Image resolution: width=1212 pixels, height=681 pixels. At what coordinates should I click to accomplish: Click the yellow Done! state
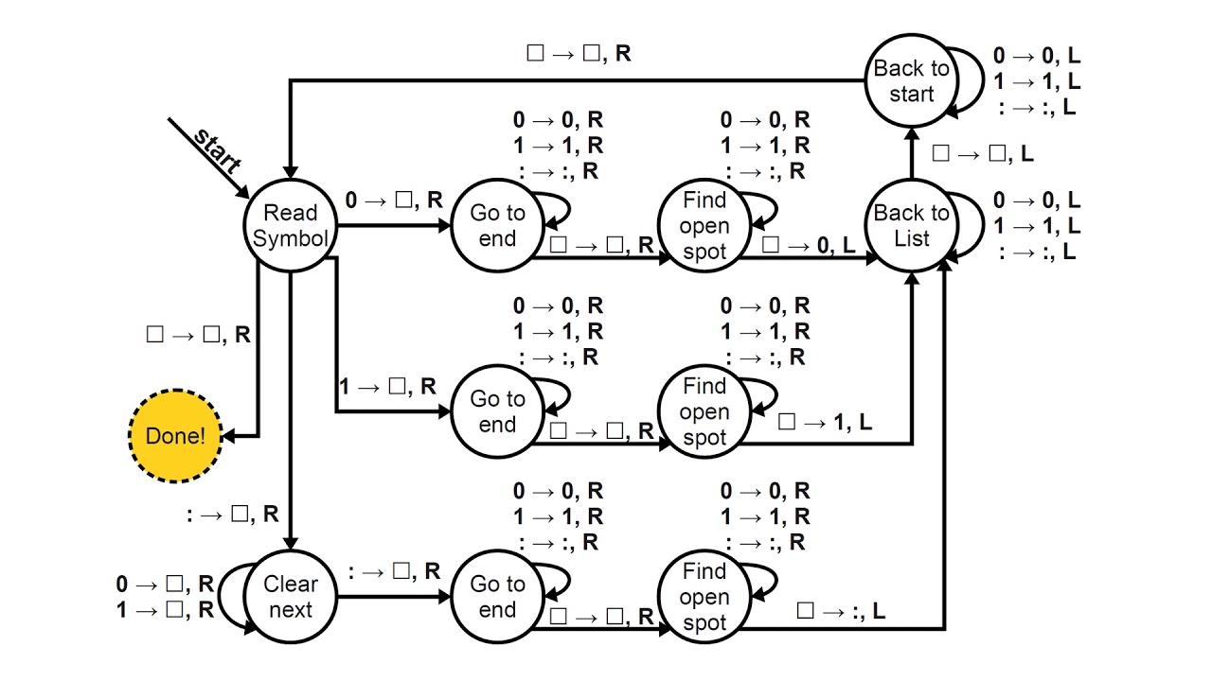click(175, 436)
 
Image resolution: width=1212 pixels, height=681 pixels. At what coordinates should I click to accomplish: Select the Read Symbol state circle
click(291, 226)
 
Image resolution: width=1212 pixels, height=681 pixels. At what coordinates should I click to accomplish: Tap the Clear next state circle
click(291, 598)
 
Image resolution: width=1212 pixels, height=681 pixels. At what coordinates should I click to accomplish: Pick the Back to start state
click(911, 81)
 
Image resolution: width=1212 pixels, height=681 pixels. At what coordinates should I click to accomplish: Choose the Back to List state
click(911, 226)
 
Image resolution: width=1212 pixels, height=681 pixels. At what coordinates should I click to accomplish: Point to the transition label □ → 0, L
click(808, 244)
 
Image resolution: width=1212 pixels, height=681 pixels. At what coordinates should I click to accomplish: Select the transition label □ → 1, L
click(824, 423)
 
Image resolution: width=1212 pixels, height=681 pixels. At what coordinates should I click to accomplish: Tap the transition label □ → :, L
click(841, 611)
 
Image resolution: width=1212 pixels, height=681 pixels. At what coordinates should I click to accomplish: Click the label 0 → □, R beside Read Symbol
click(394, 200)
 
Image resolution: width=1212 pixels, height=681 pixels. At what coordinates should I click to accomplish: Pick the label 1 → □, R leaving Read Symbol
click(387, 386)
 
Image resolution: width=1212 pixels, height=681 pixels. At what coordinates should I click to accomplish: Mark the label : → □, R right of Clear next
click(394, 571)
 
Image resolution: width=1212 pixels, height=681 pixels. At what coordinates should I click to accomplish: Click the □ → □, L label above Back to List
click(982, 153)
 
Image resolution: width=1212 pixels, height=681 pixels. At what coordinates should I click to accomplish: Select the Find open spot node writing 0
click(704, 226)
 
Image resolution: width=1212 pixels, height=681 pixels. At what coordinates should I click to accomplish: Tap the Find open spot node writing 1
click(704, 412)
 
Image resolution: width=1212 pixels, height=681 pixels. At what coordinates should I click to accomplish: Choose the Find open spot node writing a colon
click(704, 598)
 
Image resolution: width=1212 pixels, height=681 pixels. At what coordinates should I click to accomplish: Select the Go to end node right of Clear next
click(497, 598)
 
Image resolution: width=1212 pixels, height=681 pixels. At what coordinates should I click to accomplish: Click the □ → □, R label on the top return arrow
click(579, 53)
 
